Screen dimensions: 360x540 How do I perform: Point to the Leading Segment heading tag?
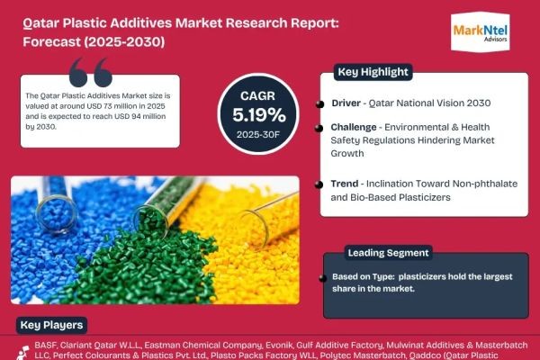point(389,253)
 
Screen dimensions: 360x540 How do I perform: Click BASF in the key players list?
point(36,345)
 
